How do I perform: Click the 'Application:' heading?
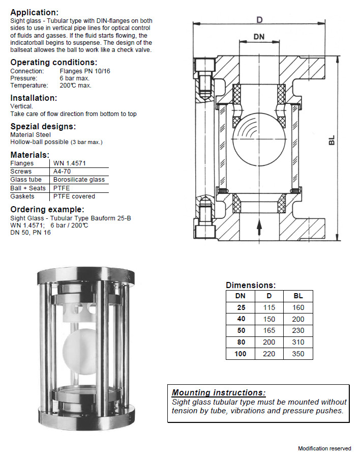[34, 12]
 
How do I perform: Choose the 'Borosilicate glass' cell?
[79, 180]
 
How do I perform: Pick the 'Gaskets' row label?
[22, 196]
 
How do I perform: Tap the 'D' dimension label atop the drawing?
[259, 20]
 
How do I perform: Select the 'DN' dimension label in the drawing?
[259, 37]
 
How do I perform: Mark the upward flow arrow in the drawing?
[259, 226]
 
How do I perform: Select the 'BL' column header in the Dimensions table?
[298, 296]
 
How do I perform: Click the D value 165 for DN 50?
[269, 330]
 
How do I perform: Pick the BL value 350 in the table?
[298, 354]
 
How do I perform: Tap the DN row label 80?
[241, 342]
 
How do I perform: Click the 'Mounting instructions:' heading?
[218, 392]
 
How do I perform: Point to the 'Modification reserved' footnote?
[324, 448]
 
